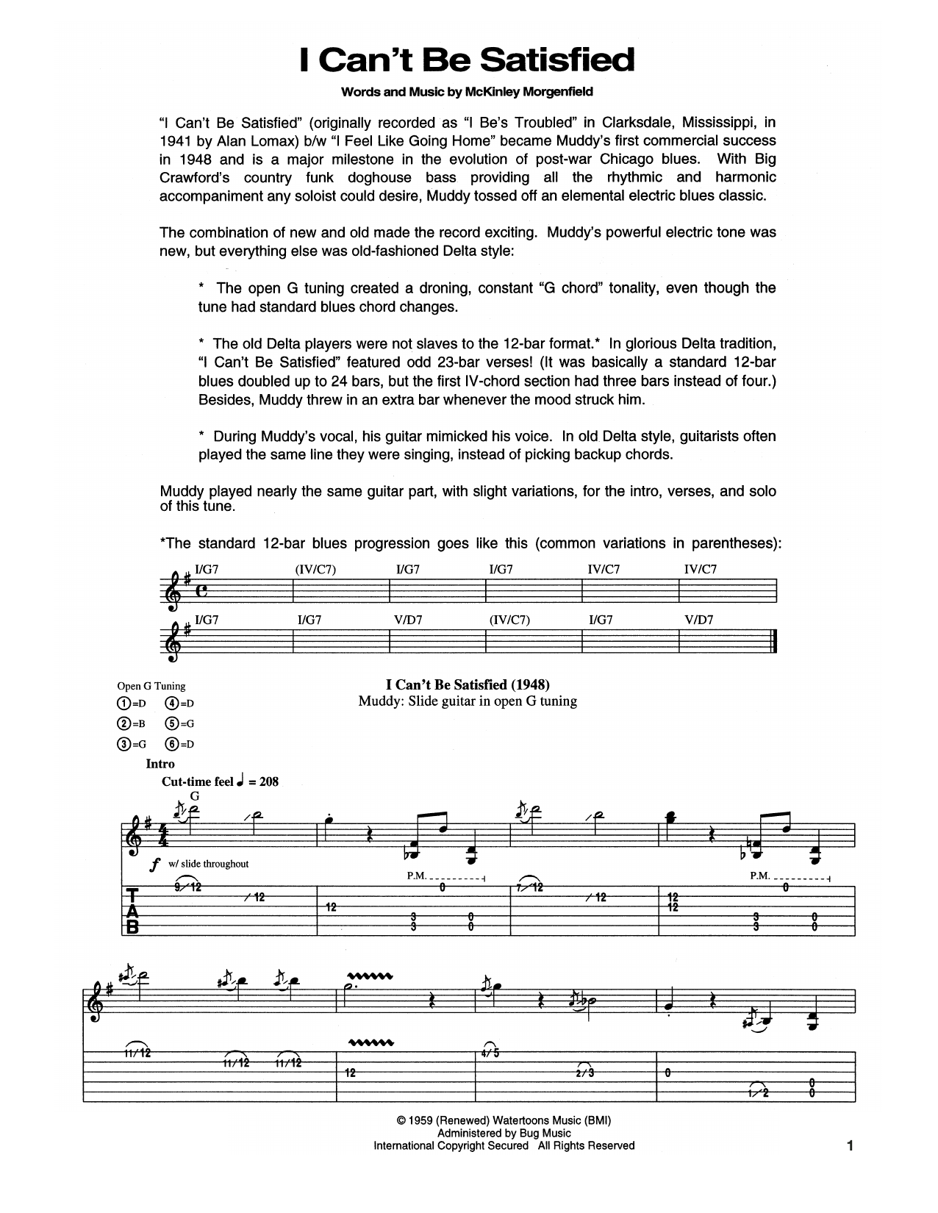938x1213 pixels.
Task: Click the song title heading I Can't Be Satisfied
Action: point(468,60)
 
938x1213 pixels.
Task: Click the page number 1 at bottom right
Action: point(851,1145)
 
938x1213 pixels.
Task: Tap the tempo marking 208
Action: point(268,781)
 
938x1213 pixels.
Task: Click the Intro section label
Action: point(160,764)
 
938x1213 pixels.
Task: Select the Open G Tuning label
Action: point(151,686)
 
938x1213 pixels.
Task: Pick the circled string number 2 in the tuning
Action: point(122,723)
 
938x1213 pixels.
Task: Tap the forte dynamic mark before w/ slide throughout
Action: point(154,865)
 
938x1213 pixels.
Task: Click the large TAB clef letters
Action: point(133,911)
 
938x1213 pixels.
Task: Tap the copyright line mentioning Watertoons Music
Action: point(504,1121)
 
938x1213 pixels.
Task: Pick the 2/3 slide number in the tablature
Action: point(586,1073)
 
